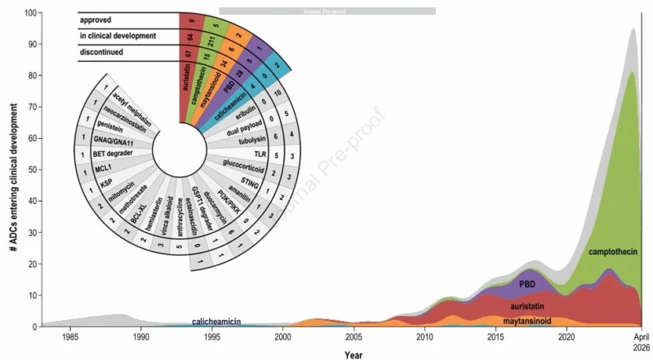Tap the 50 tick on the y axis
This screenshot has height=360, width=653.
[33, 171]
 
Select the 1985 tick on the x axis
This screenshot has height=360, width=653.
[70, 336]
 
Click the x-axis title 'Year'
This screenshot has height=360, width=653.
[353, 354]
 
